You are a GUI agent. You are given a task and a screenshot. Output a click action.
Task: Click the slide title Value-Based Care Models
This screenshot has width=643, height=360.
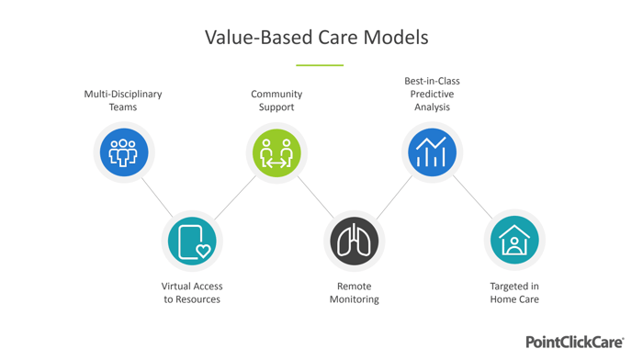coord(316,38)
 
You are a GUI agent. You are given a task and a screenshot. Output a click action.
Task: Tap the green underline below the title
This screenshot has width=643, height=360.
coord(320,65)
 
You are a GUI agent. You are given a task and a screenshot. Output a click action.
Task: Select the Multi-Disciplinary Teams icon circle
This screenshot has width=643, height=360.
coord(123,152)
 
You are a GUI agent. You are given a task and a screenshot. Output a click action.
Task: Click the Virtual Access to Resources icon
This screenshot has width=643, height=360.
coord(192,242)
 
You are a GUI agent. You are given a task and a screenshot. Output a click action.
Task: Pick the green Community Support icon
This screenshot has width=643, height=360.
coord(276,152)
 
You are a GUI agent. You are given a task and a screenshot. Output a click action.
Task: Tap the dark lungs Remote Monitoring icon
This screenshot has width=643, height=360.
coord(354,242)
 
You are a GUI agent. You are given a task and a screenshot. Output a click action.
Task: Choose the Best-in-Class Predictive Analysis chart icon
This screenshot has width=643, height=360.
coord(432,152)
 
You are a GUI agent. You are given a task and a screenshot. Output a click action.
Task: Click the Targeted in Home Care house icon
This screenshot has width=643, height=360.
coord(514,242)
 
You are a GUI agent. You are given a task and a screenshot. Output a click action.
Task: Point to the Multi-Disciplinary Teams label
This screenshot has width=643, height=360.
coord(123,100)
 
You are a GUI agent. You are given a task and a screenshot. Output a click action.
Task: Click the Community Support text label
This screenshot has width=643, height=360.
coord(276,100)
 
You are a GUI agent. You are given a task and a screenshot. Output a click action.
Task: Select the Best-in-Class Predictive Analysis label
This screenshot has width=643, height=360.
coord(432,94)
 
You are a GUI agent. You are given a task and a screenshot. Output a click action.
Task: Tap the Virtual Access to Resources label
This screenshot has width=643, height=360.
coord(192,293)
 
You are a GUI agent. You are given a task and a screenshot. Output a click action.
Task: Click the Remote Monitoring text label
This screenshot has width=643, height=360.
coord(354,293)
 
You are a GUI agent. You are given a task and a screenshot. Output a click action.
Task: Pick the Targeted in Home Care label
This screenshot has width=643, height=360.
coord(514,293)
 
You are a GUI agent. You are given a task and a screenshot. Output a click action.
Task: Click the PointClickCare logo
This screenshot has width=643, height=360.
coord(574,342)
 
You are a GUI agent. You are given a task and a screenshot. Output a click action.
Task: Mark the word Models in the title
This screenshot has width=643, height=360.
coord(395,38)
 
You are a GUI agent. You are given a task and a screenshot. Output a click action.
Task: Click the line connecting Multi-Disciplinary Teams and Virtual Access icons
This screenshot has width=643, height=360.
coord(157,197)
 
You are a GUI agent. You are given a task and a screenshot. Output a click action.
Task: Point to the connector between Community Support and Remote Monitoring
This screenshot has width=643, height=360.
coord(315,197)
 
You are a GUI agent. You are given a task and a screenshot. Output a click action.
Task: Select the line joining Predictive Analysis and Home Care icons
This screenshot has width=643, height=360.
coord(473,197)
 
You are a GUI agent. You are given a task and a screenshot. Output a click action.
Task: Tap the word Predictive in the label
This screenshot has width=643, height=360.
coord(432,94)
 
